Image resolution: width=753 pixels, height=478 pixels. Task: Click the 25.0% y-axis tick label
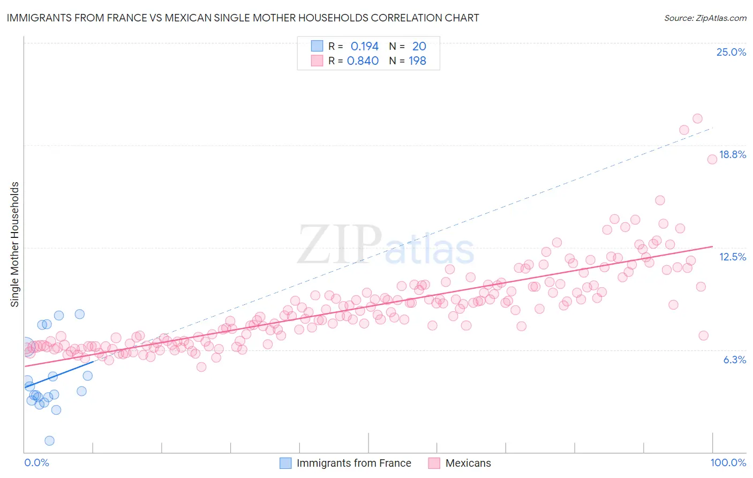pyautogui.click(x=731, y=52)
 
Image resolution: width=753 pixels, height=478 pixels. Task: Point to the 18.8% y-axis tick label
pyautogui.click(x=732, y=154)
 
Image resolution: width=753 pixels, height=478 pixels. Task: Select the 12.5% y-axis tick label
pyautogui.click(x=732, y=257)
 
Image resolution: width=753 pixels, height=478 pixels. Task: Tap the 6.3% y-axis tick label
pyautogui.click(x=734, y=360)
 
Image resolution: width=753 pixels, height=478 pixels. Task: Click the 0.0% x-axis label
pyautogui.click(x=36, y=462)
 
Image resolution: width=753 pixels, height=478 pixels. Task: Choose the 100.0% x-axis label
pyautogui.click(x=728, y=462)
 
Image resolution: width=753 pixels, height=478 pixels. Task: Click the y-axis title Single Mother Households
pyautogui.click(x=15, y=244)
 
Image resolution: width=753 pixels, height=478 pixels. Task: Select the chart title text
pyautogui.click(x=243, y=18)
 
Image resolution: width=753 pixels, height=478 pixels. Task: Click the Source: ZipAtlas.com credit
pyautogui.click(x=705, y=18)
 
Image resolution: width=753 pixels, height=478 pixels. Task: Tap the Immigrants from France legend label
pyautogui.click(x=353, y=463)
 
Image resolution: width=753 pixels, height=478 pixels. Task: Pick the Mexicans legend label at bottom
pyautogui.click(x=468, y=463)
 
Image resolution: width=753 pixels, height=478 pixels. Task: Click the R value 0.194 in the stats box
pyautogui.click(x=364, y=46)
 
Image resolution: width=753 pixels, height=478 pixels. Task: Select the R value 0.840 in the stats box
pyautogui.click(x=363, y=61)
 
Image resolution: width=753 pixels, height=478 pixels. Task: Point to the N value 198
pyautogui.click(x=417, y=61)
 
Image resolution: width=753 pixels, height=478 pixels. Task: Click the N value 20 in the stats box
pyautogui.click(x=419, y=46)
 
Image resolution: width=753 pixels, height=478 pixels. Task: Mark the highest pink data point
pyautogui.click(x=697, y=118)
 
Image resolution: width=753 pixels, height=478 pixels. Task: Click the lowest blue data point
pyautogui.click(x=49, y=440)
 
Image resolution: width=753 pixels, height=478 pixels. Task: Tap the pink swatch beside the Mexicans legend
pyautogui.click(x=434, y=463)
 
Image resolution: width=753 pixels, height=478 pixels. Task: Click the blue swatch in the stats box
pyautogui.click(x=317, y=46)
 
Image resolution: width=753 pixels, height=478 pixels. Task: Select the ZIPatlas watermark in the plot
pyautogui.click(x=386, y=245)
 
